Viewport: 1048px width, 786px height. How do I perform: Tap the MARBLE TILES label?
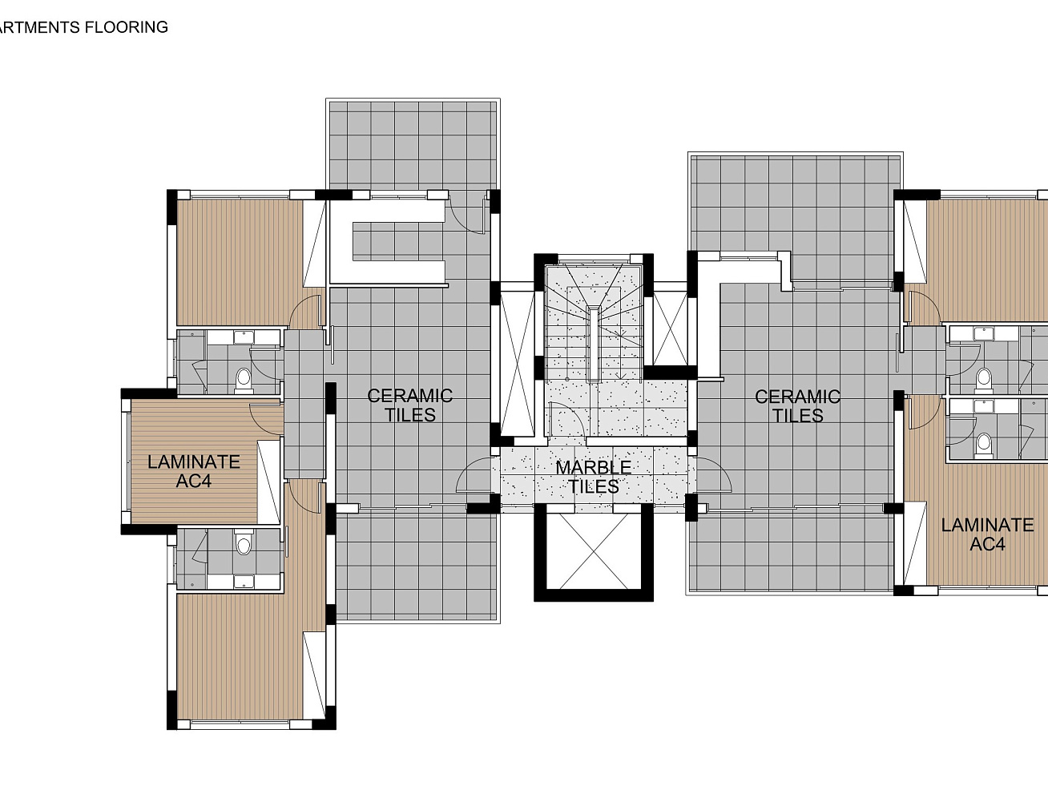coord(594,477)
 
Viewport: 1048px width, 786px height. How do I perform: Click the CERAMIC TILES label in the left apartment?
coord(409,405)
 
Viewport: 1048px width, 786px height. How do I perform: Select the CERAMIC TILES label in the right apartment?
coord(797,406)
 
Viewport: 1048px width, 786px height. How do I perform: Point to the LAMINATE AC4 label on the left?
coord(194,471)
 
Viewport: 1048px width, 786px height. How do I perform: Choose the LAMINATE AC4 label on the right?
coord(987,534)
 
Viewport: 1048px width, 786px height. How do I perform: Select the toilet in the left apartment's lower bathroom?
coord(244,546)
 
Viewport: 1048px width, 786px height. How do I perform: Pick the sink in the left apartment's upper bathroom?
coord(244,337)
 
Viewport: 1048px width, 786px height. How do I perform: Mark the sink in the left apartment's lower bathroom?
coord(244,581)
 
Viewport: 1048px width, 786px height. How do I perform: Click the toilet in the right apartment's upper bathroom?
coord(984,377)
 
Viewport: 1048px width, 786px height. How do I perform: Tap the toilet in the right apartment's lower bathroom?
coord(984,443)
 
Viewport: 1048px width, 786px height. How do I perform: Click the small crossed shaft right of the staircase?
coord(670,329)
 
